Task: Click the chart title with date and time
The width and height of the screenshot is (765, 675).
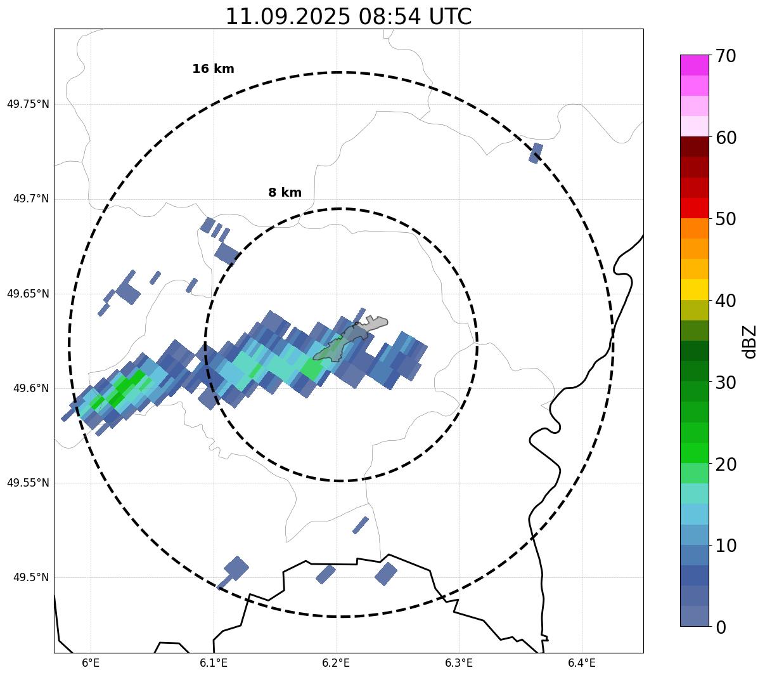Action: [349, 16]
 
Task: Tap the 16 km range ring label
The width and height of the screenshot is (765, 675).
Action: [213, 69]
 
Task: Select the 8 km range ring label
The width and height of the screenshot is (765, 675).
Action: [285, 193]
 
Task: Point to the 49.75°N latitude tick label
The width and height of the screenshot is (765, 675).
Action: [28, 104]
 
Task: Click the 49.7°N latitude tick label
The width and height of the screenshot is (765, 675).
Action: [31, 199]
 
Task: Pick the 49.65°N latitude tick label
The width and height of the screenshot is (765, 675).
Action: [28, 294]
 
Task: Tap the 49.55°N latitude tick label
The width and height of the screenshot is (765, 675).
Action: [28, 483]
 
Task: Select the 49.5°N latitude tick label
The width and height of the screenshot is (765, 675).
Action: [31, 577]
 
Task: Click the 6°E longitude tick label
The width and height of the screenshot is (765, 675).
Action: [91, 663]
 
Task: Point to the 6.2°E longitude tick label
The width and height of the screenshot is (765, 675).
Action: [337, 663]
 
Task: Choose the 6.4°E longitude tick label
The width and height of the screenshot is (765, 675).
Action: [582, 663]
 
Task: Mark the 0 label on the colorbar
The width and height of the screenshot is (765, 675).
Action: [721, 627]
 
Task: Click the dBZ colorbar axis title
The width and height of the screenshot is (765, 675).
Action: [750, 341]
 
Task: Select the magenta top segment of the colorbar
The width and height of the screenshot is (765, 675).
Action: [695, 65]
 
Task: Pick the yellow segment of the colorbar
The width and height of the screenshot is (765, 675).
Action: [695, 289]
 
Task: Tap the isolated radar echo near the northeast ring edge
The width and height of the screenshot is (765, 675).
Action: [536, 153]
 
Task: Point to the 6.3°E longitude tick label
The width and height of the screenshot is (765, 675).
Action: [459, 663]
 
